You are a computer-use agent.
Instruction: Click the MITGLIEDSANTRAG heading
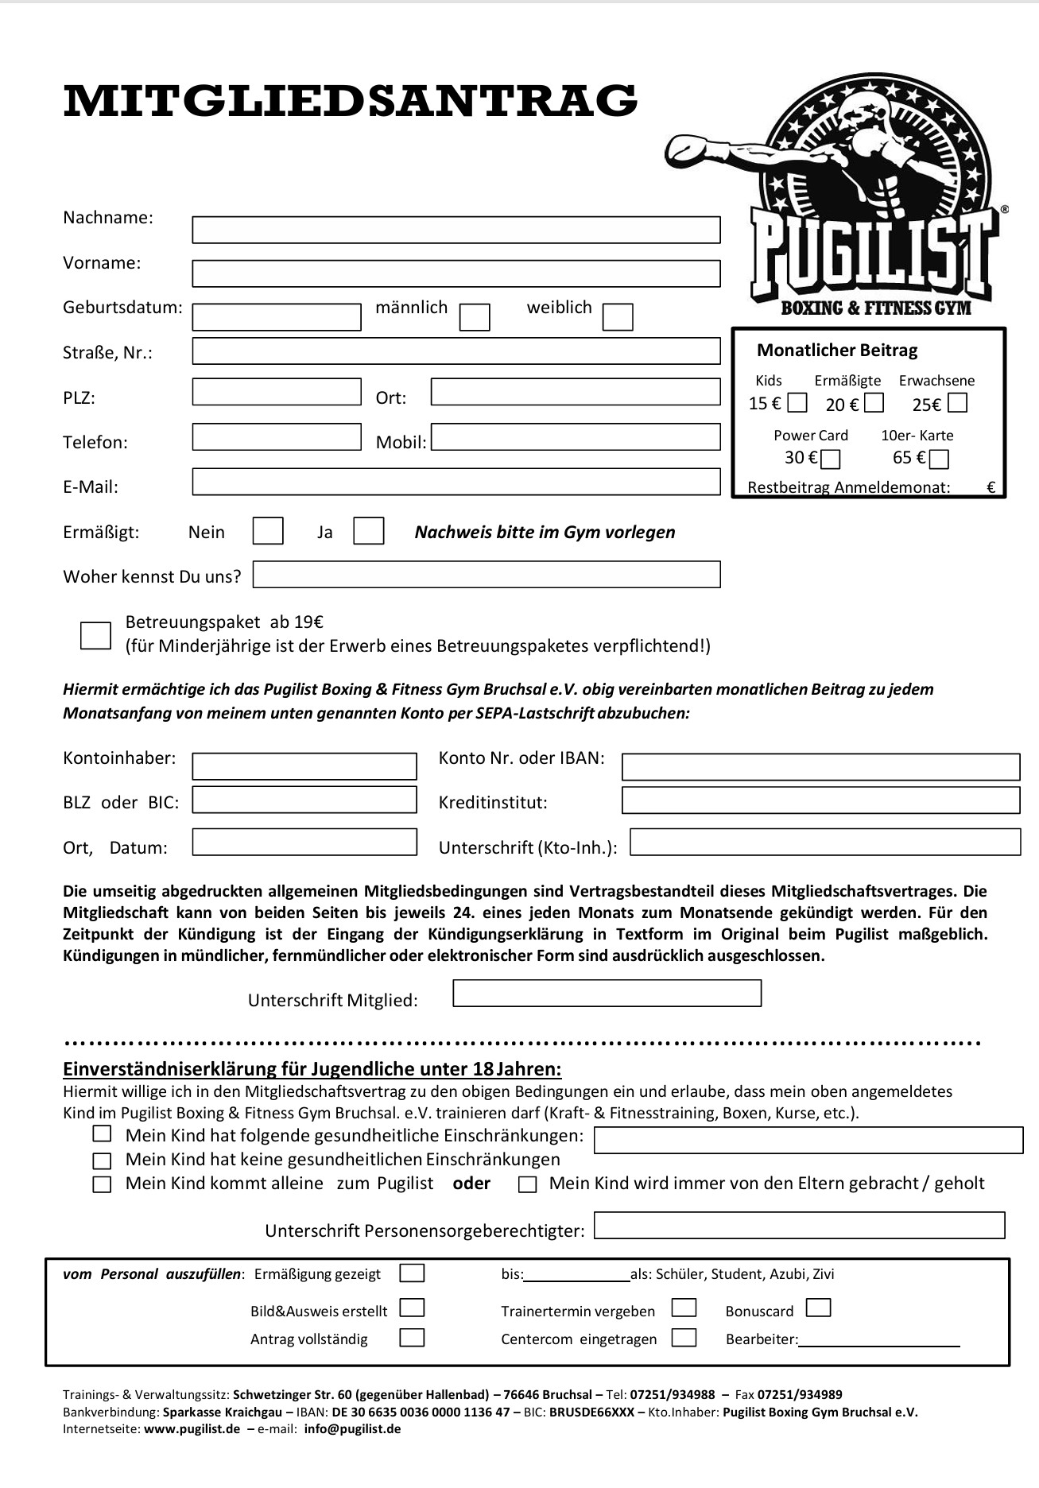pos(350,101)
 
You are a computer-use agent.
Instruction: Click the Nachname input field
pos(456,230)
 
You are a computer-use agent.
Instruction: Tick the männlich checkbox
pos(475,317)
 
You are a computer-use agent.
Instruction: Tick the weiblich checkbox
pos(618,317)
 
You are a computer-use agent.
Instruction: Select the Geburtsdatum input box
pos(277,317)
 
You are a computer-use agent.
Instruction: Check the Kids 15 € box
pos(797,404)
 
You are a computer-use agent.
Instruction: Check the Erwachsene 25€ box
pos(958,404)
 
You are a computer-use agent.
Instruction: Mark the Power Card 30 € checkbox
pos(831,459)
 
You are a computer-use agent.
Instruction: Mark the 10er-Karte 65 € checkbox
pos(940,459)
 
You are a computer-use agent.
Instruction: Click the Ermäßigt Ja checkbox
pos(368,531)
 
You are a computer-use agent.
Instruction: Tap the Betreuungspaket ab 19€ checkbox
pos(95,635)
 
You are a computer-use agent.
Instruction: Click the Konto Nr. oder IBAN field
pos(820,767)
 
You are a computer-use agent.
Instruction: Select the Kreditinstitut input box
pos(820,800)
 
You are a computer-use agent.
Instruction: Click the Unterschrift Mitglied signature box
pos(607,994)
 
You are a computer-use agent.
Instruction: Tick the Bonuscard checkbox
pos(818,1308)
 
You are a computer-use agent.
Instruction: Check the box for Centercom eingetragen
pos(684,1337)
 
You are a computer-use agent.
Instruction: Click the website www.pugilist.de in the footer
pos(192,1428)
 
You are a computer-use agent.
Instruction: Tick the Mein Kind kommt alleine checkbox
pos(102,1184)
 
